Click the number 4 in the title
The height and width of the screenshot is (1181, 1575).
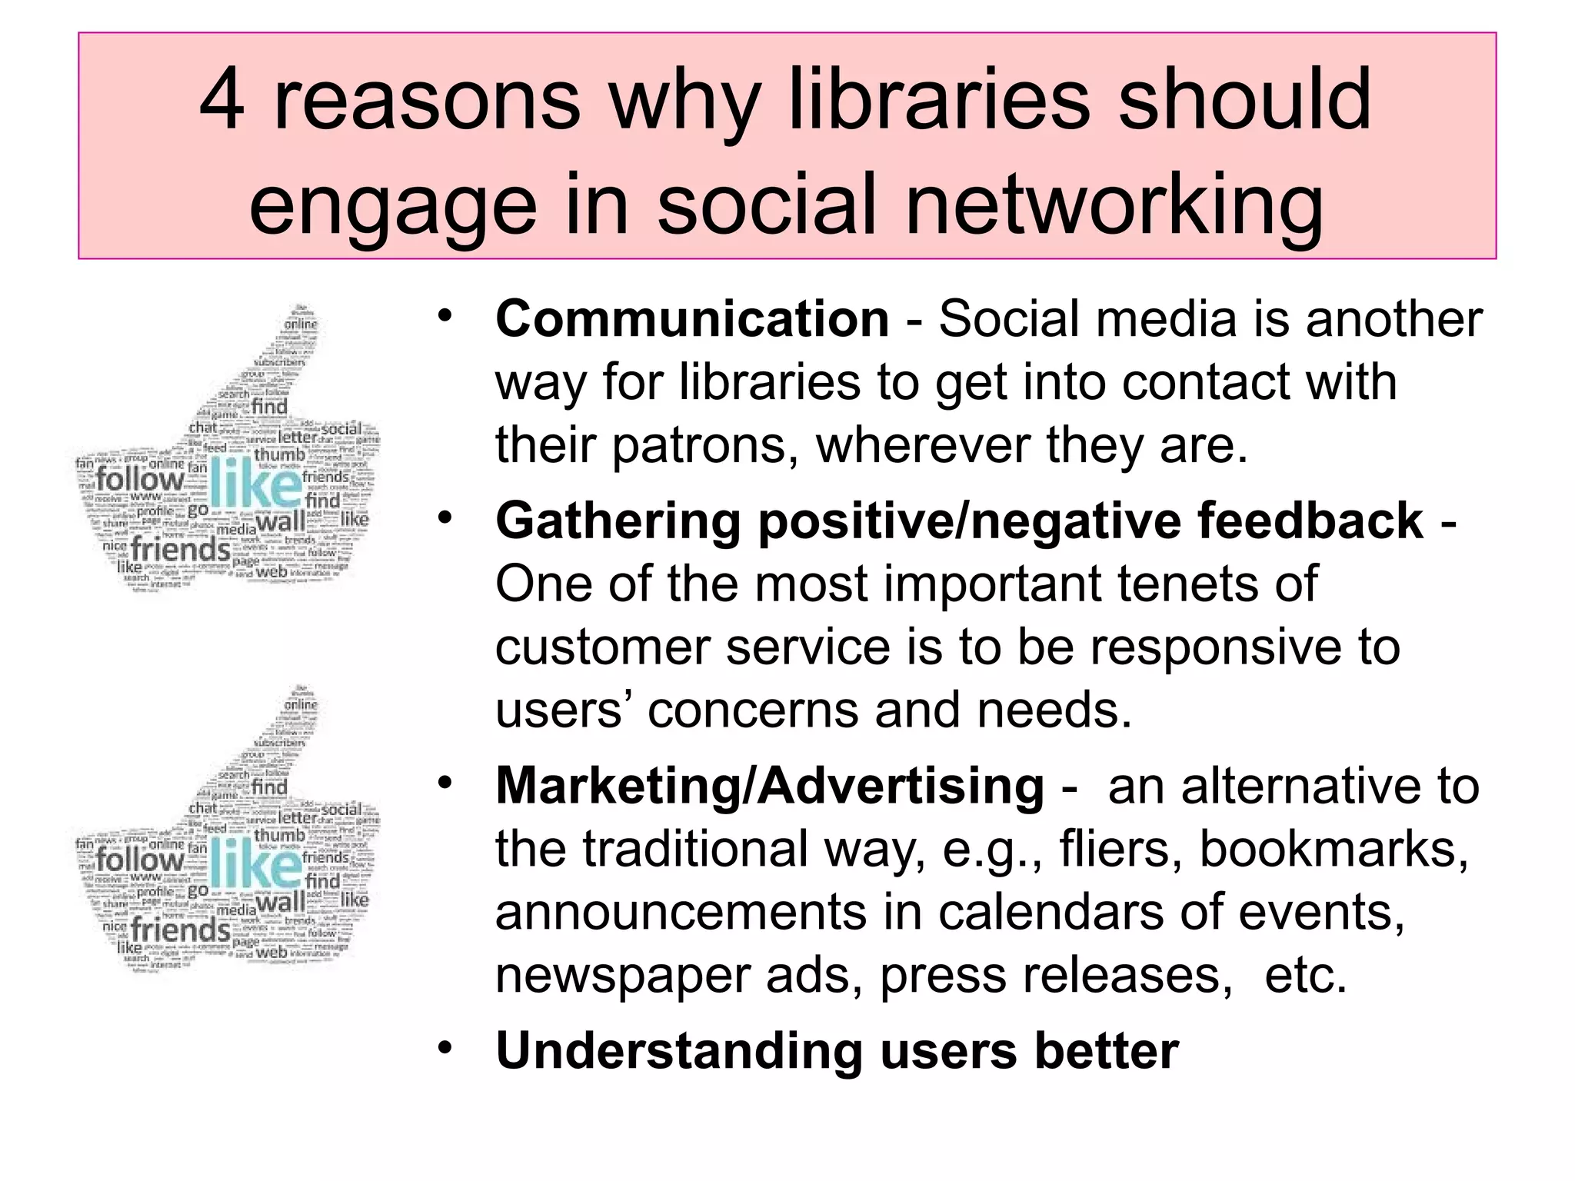click(x=222, y=101)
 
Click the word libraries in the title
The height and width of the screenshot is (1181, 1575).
click(x=939, y=101)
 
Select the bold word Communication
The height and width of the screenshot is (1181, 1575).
click(x=692, y=319)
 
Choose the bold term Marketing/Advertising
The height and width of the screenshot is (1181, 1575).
click(x=770, y=787)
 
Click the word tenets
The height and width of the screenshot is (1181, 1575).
click(x=1189, y=584)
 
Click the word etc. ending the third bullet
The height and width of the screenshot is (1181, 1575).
click(x=1305, y=976)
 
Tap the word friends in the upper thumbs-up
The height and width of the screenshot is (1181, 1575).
click(x=180, y=550)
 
